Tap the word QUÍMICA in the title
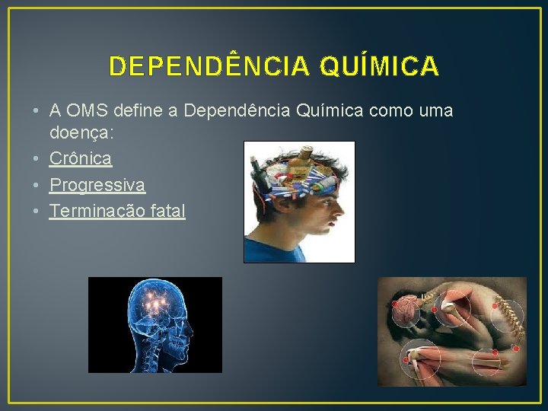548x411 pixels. click(x=379, y=67)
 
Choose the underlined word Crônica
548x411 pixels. click(x=81, y=158)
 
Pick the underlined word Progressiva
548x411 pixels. click(x=97, y=185)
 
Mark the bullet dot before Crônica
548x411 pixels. click(x=37, y=158)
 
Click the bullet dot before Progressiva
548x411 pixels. click(x=37, y=185)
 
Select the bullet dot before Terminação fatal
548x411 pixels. click(x=37, y=211)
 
